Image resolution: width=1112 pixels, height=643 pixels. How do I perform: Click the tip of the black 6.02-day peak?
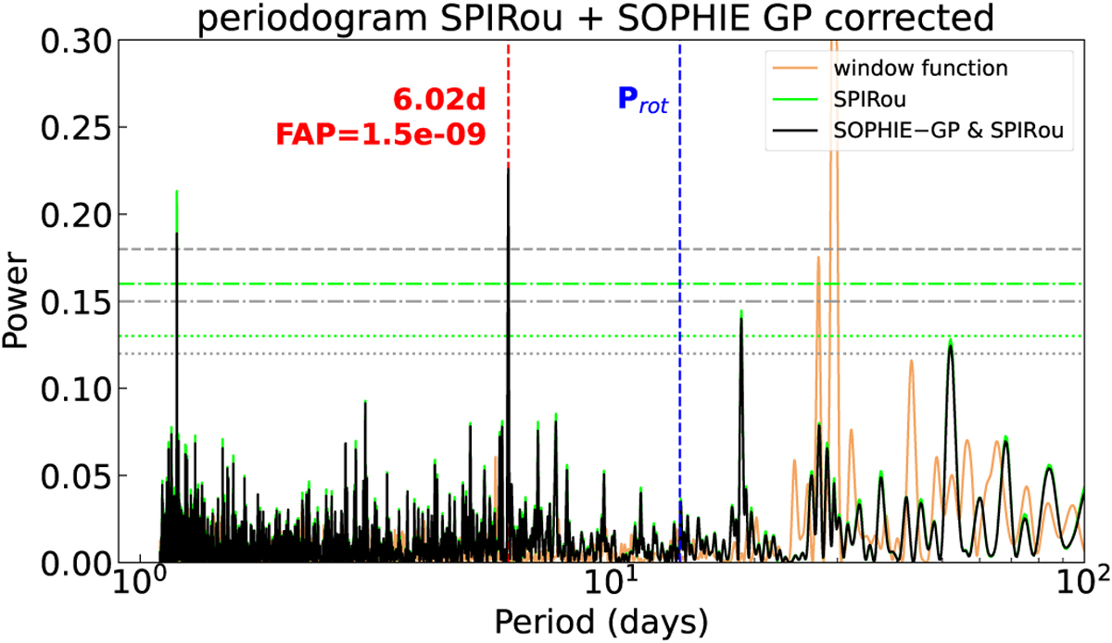point(508,167)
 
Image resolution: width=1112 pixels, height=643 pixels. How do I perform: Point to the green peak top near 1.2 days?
point(176,192)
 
